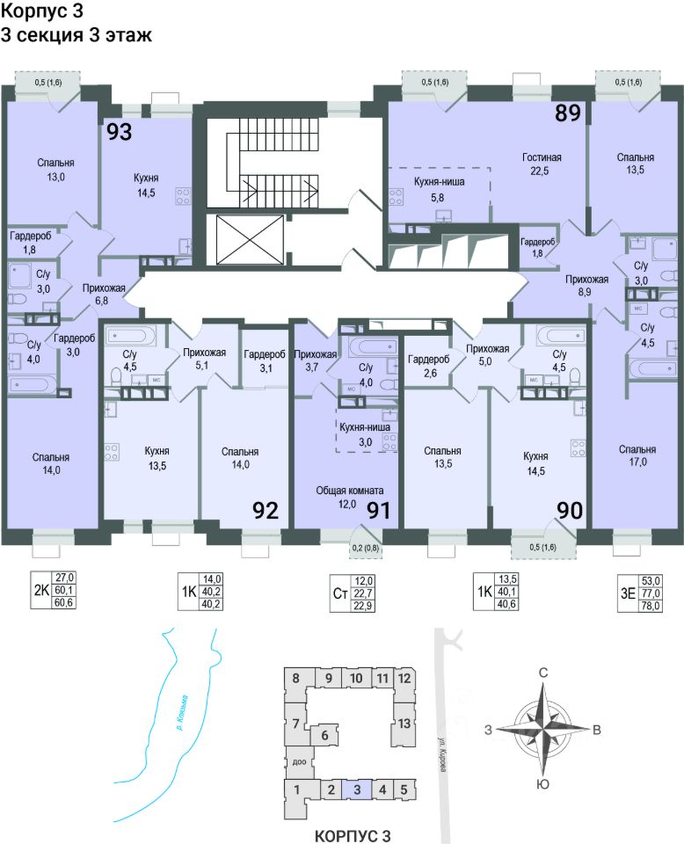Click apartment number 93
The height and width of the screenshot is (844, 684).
coord(120,133)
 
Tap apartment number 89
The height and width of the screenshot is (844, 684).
coord(568,113)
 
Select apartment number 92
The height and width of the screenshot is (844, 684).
coord(266,511)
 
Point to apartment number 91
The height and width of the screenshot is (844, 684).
coord(378,511)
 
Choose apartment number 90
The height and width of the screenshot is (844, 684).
coord(569,511)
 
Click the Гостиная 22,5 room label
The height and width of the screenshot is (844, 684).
coord(541,164)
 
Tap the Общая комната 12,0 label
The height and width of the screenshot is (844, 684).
coord(351,497)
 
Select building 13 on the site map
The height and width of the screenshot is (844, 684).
coord(404,724)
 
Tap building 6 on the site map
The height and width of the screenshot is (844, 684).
coord(324,735)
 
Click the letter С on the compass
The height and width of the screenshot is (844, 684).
coord(543,673)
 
